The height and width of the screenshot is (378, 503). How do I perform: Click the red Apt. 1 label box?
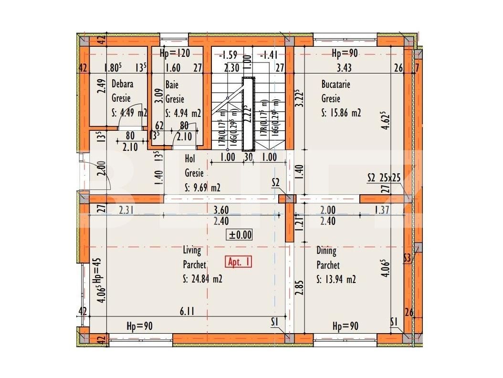(239, 262)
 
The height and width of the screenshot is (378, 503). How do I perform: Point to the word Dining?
(326, 250)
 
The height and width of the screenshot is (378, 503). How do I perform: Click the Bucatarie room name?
(335, 84)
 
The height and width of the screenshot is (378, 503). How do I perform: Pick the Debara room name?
(123, 84)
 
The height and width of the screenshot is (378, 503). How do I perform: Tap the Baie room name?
(172, 84)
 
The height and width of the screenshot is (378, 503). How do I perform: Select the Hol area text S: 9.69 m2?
(202, 188)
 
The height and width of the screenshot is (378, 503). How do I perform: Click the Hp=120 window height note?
(176, 52)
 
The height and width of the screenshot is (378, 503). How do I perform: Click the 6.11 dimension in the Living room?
(187, 312)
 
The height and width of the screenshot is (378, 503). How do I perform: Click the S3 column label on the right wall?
(407, 258)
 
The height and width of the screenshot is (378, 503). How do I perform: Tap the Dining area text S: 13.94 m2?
(336, 280)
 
